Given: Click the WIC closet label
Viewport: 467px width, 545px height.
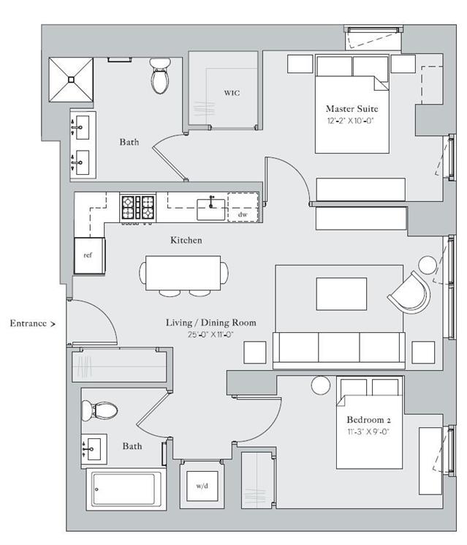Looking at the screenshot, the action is tap(232, 93).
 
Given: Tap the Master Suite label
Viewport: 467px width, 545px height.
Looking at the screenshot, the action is tap(352, 109).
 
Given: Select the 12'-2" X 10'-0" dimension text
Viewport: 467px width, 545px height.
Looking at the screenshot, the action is tap(350, 121).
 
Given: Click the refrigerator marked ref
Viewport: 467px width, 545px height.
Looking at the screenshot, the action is tap(89, 255).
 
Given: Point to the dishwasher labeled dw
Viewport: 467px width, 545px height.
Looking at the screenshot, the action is tap(243, 207).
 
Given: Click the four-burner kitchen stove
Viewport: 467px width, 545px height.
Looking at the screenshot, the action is tap(138, 208).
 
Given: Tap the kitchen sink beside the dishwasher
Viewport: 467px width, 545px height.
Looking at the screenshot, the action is tap(211, 209).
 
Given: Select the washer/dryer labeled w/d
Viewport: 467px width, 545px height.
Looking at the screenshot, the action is tap(202, 486).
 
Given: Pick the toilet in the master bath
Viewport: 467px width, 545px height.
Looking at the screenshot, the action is tap(160, 76).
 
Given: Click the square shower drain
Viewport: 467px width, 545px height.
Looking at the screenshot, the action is tap(71, 80).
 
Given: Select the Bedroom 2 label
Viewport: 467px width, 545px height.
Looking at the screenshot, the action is tap(368, 420).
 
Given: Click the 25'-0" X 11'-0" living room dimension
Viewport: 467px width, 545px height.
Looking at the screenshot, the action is tap(210, 335).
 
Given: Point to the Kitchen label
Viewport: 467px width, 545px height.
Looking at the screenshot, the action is tap(186, 240).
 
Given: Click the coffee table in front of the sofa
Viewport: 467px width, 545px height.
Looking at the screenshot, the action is tap(341, 293).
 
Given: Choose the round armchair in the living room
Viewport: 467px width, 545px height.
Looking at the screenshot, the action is tap(411, 293).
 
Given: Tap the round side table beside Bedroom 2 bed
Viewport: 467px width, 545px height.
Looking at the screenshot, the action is tap(321, 386).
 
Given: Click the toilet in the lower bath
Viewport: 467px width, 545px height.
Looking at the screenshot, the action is tap(99, 410).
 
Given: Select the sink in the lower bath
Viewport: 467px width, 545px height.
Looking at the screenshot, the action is tap(94, 448).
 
